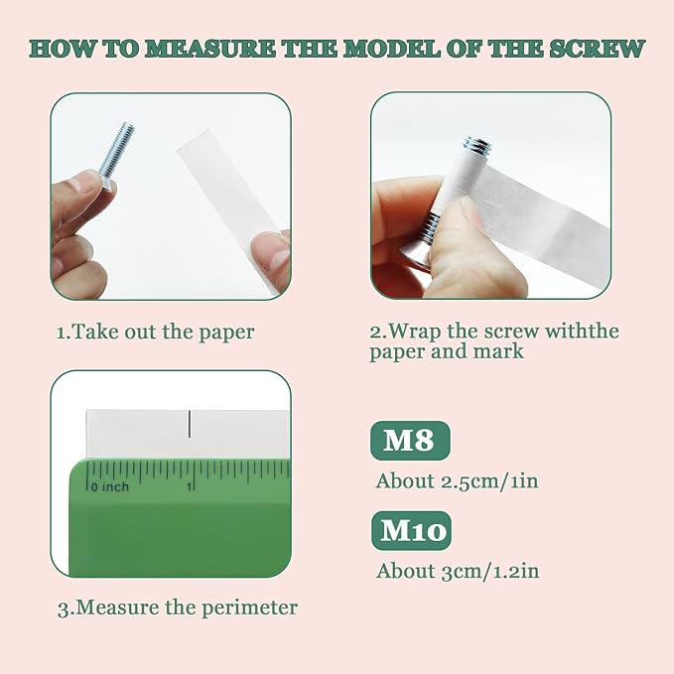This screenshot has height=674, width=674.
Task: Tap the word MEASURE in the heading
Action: [x=208, y=49]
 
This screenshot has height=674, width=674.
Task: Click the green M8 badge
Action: [x=410, y=440]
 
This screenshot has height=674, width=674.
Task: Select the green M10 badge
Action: [x=411, y=530]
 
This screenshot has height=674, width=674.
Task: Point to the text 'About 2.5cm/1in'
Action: [x=457, y=481]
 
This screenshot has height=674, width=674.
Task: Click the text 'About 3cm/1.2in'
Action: [x=458, y=572]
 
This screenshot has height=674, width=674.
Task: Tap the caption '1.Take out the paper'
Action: [x=156, y=333]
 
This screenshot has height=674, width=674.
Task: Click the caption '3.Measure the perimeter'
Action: [x=178, y=607]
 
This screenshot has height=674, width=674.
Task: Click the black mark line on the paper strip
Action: [x=190, y=424]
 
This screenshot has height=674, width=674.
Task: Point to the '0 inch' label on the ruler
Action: [x=110, y=487]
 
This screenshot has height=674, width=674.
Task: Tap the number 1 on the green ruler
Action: [x=189, y=486]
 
